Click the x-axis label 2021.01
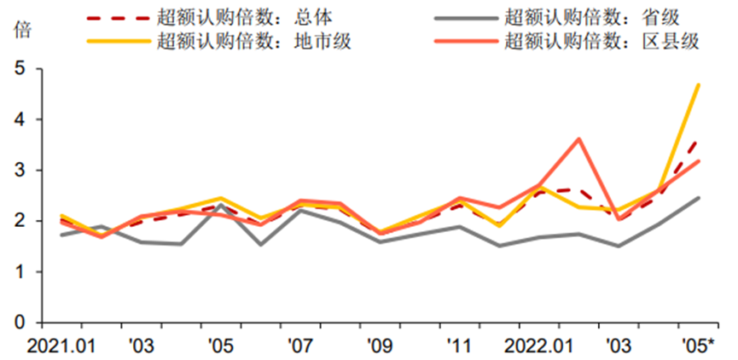pos(61,345)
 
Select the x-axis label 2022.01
pos(538,345)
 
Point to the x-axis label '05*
pos(699,345)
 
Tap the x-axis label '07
pos(299,345)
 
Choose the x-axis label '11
pos(458,345)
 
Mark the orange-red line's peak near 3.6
pos(578,139)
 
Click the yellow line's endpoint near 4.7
pos(699,84)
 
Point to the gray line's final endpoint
pos(699,198)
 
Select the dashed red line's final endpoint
pos(699,141)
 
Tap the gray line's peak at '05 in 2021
pos(220,205)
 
